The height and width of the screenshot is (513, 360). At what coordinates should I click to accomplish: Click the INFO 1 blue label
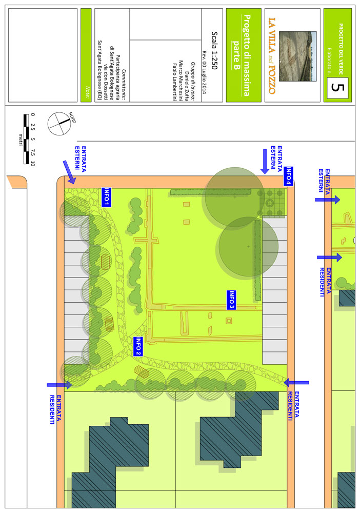(107, 197)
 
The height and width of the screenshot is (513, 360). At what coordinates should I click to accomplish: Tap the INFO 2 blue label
(138, 346)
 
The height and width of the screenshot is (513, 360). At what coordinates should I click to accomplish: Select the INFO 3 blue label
(231, 300)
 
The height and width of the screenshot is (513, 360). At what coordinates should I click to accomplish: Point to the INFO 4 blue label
(288, 176)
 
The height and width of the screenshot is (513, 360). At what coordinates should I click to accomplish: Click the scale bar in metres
(26, 139)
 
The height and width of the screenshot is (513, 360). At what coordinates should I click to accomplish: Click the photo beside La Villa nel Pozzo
(298, 56)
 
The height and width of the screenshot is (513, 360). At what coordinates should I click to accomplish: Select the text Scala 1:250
(214, 50)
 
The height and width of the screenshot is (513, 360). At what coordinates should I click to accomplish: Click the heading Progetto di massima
(247, 55)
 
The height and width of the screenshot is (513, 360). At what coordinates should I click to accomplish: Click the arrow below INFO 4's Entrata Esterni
(265, 161)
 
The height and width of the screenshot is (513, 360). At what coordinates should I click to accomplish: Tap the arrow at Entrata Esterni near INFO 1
(69, 172)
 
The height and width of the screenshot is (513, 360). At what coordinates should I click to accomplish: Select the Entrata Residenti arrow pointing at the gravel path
(296, 382)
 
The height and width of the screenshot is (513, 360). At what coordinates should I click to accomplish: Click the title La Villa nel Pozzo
(272, 56)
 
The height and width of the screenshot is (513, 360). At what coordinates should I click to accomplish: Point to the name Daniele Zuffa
(187, 86)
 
